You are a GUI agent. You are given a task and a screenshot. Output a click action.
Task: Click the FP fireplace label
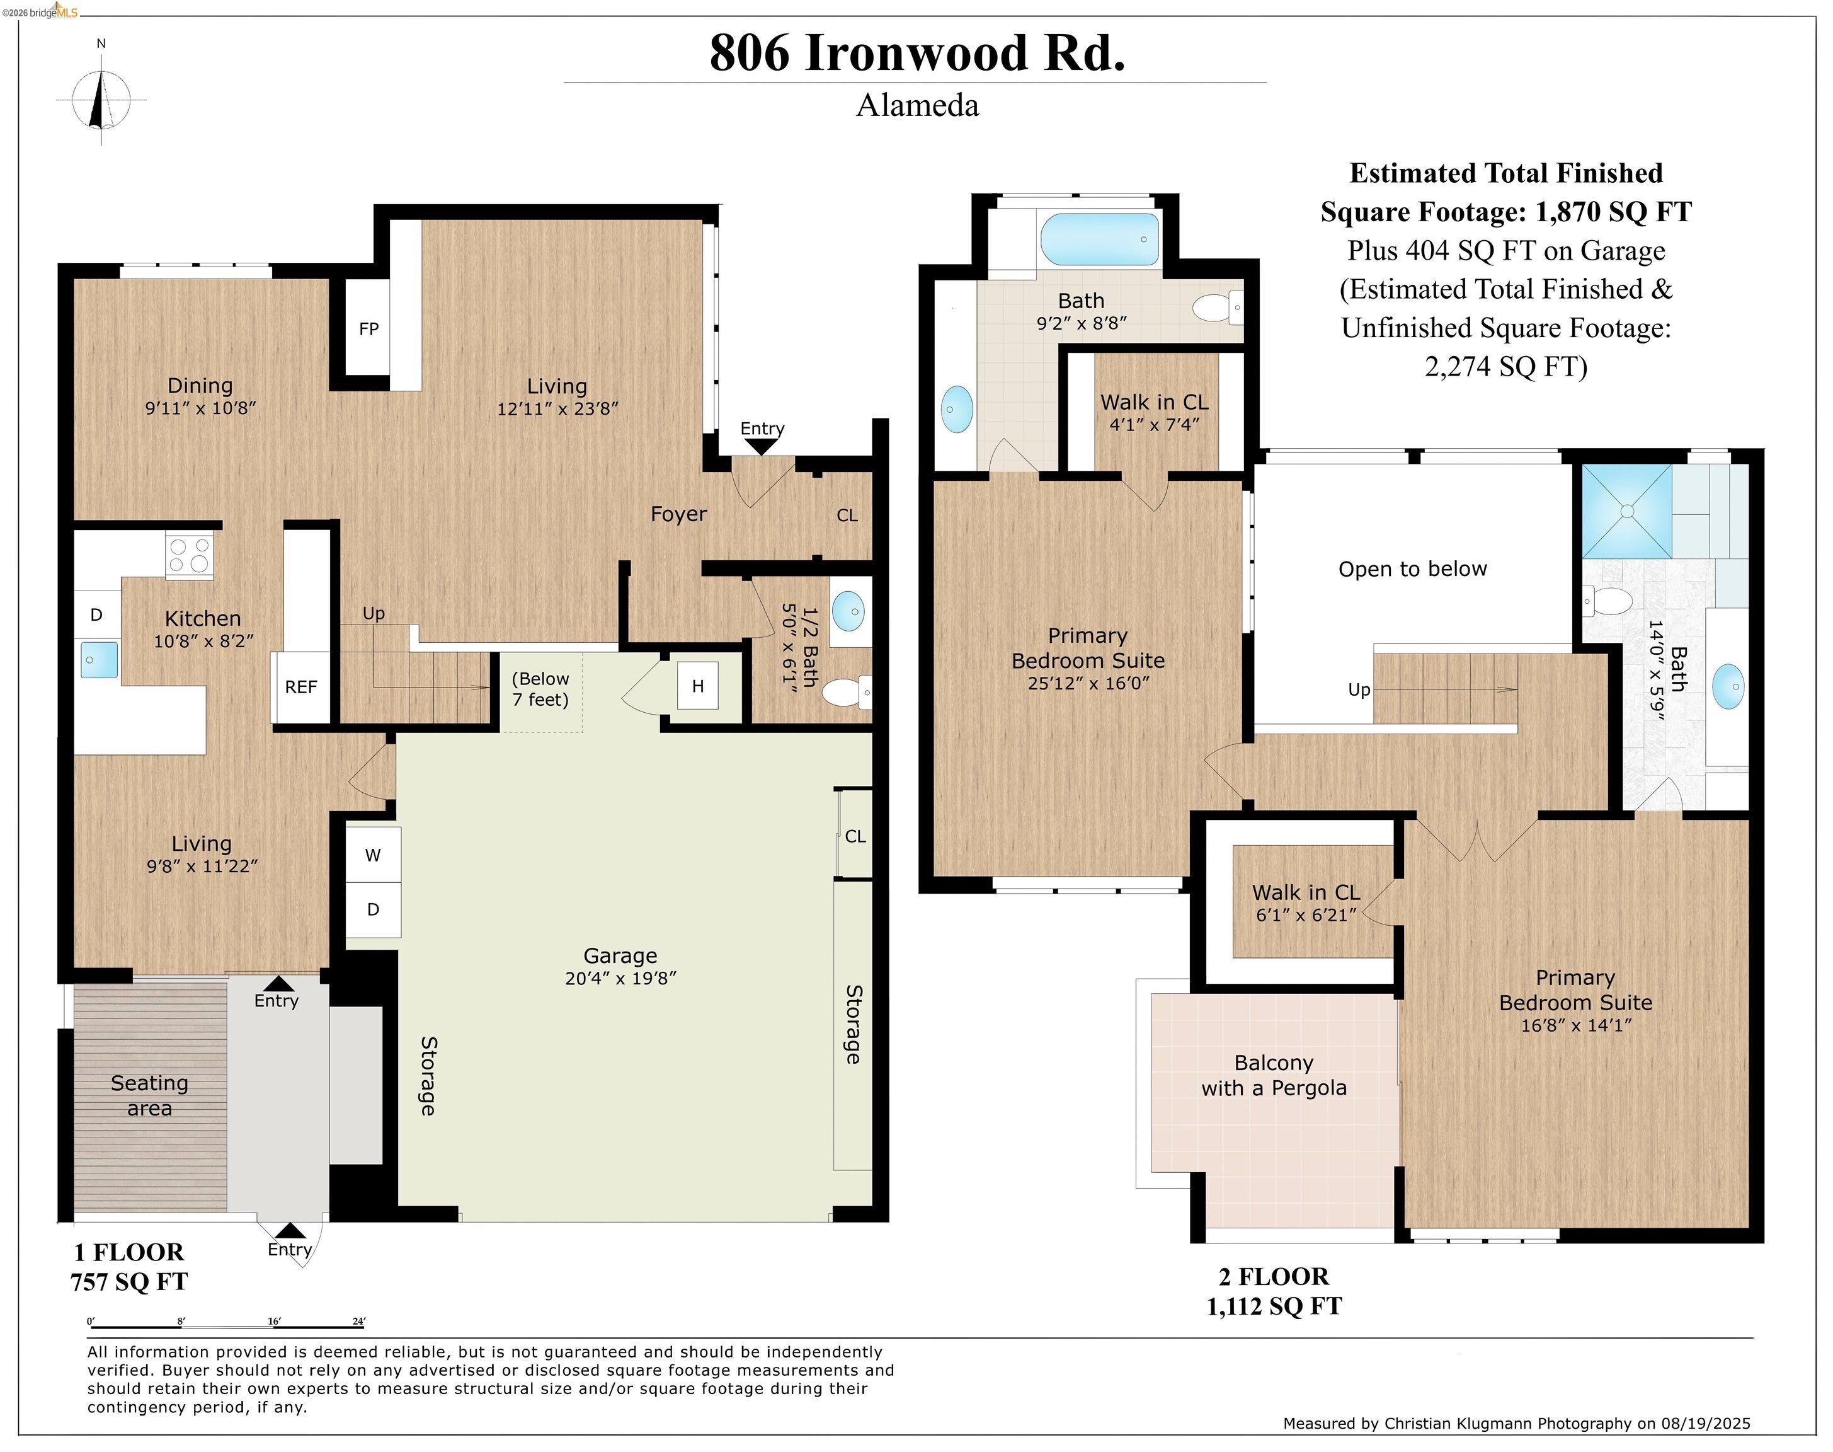[x=368, y=329]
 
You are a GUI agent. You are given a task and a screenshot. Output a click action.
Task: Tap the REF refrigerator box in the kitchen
[x=301, y=687]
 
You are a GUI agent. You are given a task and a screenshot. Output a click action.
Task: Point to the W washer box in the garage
[x=373, y=855]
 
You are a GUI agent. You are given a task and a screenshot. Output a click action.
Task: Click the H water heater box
[x=698, y=686]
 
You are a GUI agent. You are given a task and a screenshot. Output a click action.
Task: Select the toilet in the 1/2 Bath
[x=845, y=692]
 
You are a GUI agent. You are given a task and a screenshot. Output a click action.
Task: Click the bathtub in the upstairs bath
[x=1100, y=239]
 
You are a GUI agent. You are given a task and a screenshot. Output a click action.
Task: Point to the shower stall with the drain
[x=1626, y=512]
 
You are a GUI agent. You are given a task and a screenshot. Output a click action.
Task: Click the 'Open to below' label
[x=1412, y=568]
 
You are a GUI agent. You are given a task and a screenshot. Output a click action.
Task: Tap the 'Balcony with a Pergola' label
[x=1273, y=1075]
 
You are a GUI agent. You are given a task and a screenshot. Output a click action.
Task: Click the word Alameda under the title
[x=917, y=105]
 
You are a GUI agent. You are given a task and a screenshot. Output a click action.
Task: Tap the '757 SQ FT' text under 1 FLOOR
[x=129, y=1281]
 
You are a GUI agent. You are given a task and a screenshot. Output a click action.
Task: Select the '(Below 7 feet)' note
[x=540, y=689]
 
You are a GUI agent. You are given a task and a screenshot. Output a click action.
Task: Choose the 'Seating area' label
[x=149, y=1095]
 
